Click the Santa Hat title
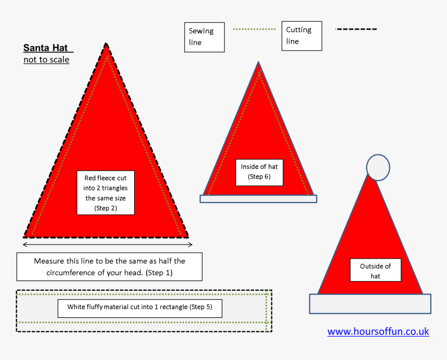tap(46, 48)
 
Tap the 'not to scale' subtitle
tap(46, 60)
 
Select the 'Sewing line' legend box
tap(204, 37)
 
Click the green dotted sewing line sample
tap(254, 29)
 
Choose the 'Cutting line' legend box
tap(302, 36)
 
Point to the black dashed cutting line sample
tap(357, 29)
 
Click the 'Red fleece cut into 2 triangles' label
tap(106, 193)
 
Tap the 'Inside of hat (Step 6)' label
tap(259, 173)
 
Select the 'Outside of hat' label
tap(375, 270)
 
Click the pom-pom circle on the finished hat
tap(378, 168)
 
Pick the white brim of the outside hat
tap(370, 304)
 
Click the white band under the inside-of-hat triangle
tap(258, 199)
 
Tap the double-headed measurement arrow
tap(108, 245)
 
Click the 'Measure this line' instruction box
tap(110, 267)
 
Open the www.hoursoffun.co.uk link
tap(378, 331)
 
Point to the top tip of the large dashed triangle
tap(106, 43)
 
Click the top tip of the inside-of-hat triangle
tap(258, 62)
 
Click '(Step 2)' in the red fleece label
tap(106, 208)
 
